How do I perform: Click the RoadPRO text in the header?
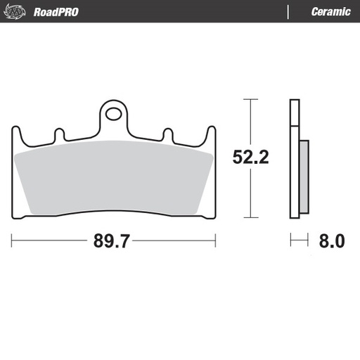56,12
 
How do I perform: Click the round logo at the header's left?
18,12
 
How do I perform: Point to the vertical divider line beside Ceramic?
288,12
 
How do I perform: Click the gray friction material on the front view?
112,176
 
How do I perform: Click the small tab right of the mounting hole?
167,133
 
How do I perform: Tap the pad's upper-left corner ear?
15,134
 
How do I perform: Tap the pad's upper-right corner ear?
211,134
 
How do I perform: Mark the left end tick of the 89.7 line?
12,241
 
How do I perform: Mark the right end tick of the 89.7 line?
215,241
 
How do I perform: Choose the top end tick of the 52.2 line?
247,100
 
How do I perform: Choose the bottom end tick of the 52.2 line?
247,218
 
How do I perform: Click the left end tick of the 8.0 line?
291,241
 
